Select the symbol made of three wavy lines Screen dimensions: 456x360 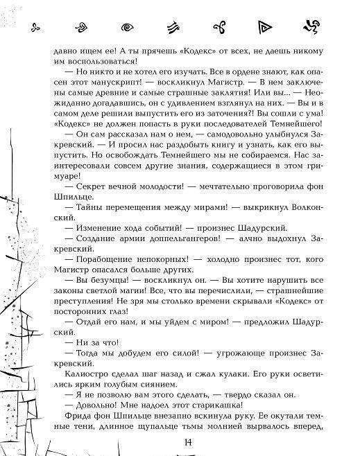[x=172, y=28]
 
